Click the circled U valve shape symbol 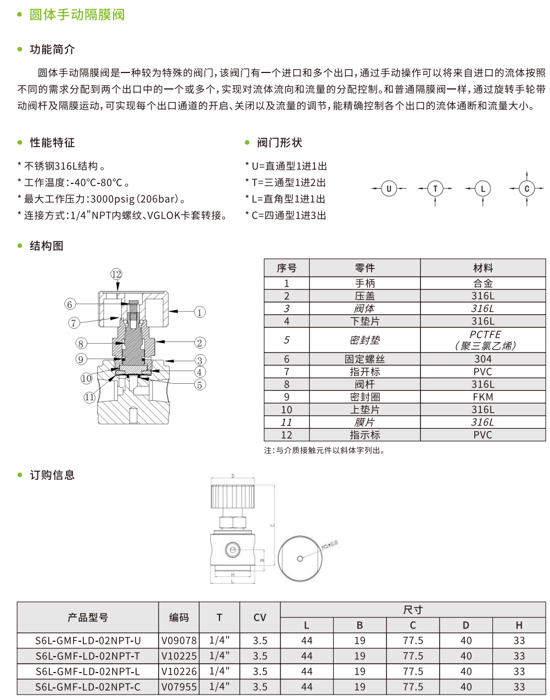pyautogui.click(x=389, y=189)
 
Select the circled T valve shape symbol pyautogui.click(x=435, y=189)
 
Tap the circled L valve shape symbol pyautogui.click(x=483, y=189)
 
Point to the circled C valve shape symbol pyautogui.click(x=527, y=189)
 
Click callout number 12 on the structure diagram pyautogui.click(x=116, y=274)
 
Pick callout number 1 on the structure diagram pyautogui.click(x=200, y=312)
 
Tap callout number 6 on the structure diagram pyautogui.click(x=69, y=304)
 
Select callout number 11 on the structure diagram pyautogui.click(x=89, y=397)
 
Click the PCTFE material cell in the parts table pyautogui.click(x=483, y=340)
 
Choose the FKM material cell pyautogui.click(x=483, y=397)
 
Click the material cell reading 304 pyautogui.click(x=483, y=359)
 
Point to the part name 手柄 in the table pyautogui.click(x=364, y=283)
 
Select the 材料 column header pyautogui.click(x=483, y=268)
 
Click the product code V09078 pyautogui.click(x=179, y=641)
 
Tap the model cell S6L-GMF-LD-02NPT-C pyautogui.click(x=88, y=687)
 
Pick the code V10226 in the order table pyautogui.click(x=179, y=671)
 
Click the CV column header pyautogui.click(x=260, y=618)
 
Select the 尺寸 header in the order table pyautogui.click(x=413, y=610)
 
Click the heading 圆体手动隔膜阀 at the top pyautogui.click(x=77, y=15)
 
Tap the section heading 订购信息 pyautogui.click(x=52, y=475)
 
